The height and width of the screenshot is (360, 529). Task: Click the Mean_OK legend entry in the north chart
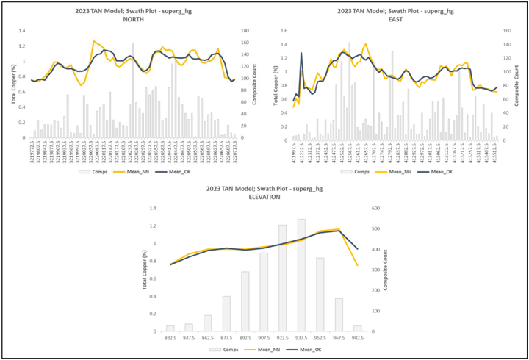point(171,171)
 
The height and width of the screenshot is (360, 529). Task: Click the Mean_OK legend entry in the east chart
point(432,171)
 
